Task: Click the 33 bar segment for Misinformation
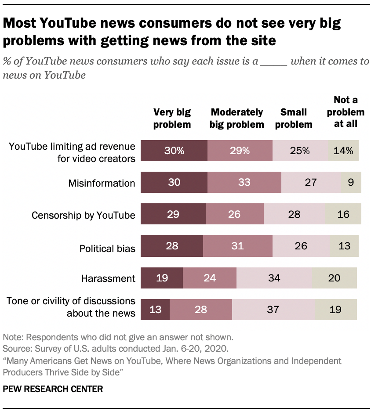coord(244,182)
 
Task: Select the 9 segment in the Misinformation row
coord(351,182)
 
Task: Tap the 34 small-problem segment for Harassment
coord(274,278)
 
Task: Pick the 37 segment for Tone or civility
coord(273,310)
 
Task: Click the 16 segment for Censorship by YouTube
coord(343,214)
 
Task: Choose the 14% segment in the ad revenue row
coord(343,151)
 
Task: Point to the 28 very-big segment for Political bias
coord(172,246)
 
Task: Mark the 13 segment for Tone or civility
coord(155,310)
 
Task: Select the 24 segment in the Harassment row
coord(209,278)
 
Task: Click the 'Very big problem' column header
coord(172,118)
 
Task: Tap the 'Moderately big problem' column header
coord(236,118)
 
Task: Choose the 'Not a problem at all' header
coord(346,112)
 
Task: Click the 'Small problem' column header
coord(294,118)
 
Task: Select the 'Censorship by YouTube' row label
coord(84,215)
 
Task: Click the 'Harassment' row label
coord(108,278)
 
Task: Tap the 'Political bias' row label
coord(107,249)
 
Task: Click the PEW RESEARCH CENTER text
coord(53,389)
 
